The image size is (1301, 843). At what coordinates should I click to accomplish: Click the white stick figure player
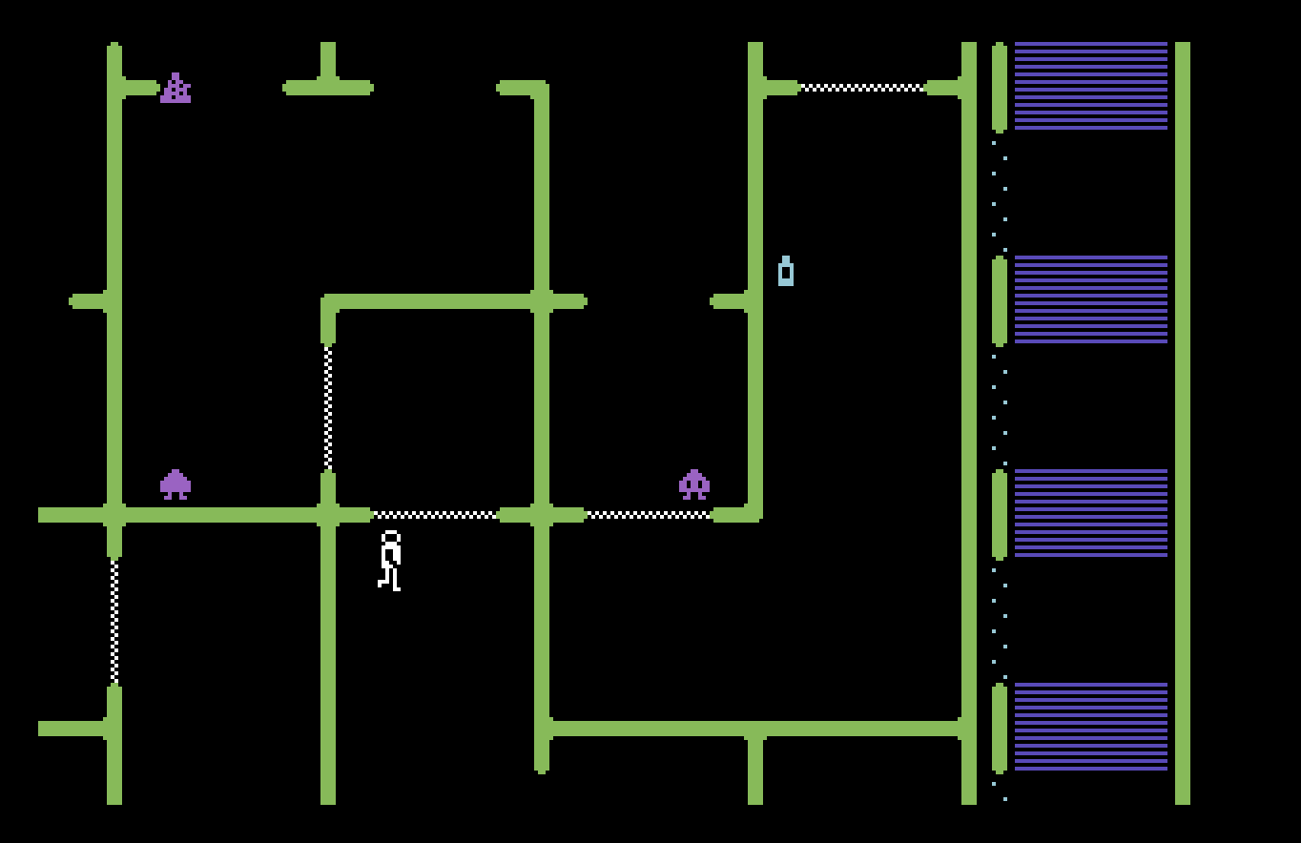(389, 561)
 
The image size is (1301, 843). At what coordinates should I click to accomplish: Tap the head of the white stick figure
(390, 539)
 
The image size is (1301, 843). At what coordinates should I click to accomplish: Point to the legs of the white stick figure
(390, 578)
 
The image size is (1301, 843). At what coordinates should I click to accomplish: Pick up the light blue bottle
(786, 272)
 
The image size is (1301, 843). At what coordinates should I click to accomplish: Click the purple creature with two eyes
(693, 484)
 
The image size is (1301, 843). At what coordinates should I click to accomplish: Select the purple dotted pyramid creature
(176, 88)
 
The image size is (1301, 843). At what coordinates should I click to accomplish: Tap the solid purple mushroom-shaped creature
(176, 484)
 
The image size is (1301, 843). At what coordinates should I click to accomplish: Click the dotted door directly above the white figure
(434, 515)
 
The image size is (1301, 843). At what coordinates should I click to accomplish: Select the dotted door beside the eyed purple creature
(649, 515)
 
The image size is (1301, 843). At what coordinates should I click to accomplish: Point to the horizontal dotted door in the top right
(861, 88)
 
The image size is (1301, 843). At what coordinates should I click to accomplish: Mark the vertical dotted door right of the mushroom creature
(328, 407)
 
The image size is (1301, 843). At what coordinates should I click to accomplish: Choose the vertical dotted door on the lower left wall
(114, 621)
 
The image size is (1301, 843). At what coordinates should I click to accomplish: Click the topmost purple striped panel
(1090, 86)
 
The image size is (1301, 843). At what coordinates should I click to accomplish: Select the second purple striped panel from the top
(1090, 299)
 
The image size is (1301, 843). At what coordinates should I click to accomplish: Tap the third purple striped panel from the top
(1090, 513)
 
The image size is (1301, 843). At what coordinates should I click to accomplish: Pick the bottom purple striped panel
(1090, 727)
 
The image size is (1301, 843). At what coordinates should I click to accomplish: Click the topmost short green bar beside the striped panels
(1000, 86)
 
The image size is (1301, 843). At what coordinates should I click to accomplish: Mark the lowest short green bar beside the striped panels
(1000, 729)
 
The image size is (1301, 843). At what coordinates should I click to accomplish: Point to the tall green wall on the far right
(1183, 423)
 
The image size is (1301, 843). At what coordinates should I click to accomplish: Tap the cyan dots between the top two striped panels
(1000, 195)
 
